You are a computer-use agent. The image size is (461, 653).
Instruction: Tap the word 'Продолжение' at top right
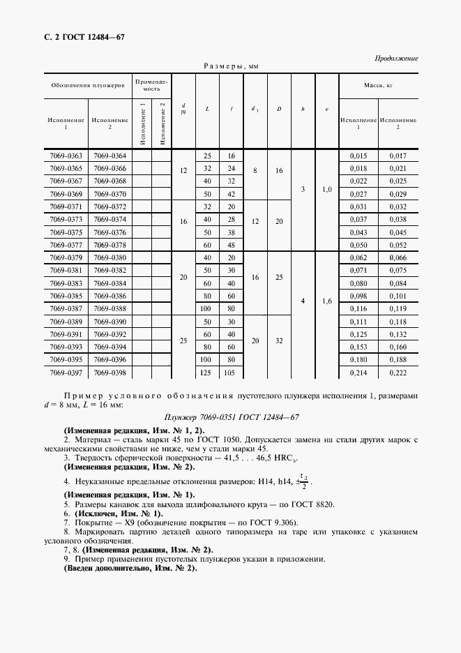[x=396, y=58]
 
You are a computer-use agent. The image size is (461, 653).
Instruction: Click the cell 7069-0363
[x=66, y=156]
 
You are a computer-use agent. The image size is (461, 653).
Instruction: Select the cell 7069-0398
[x=109, y=373]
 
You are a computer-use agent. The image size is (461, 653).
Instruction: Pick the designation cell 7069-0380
[x=109, y=258]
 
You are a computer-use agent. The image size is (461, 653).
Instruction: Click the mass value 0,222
[x=398, y=373]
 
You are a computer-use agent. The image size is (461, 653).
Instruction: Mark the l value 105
[x=231, y=373]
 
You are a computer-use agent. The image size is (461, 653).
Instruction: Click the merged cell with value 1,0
[x=326, y=189]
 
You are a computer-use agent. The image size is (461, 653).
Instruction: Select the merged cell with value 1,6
[x=326, y=302]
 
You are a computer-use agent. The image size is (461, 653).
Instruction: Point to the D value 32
[x=278, y=341]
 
